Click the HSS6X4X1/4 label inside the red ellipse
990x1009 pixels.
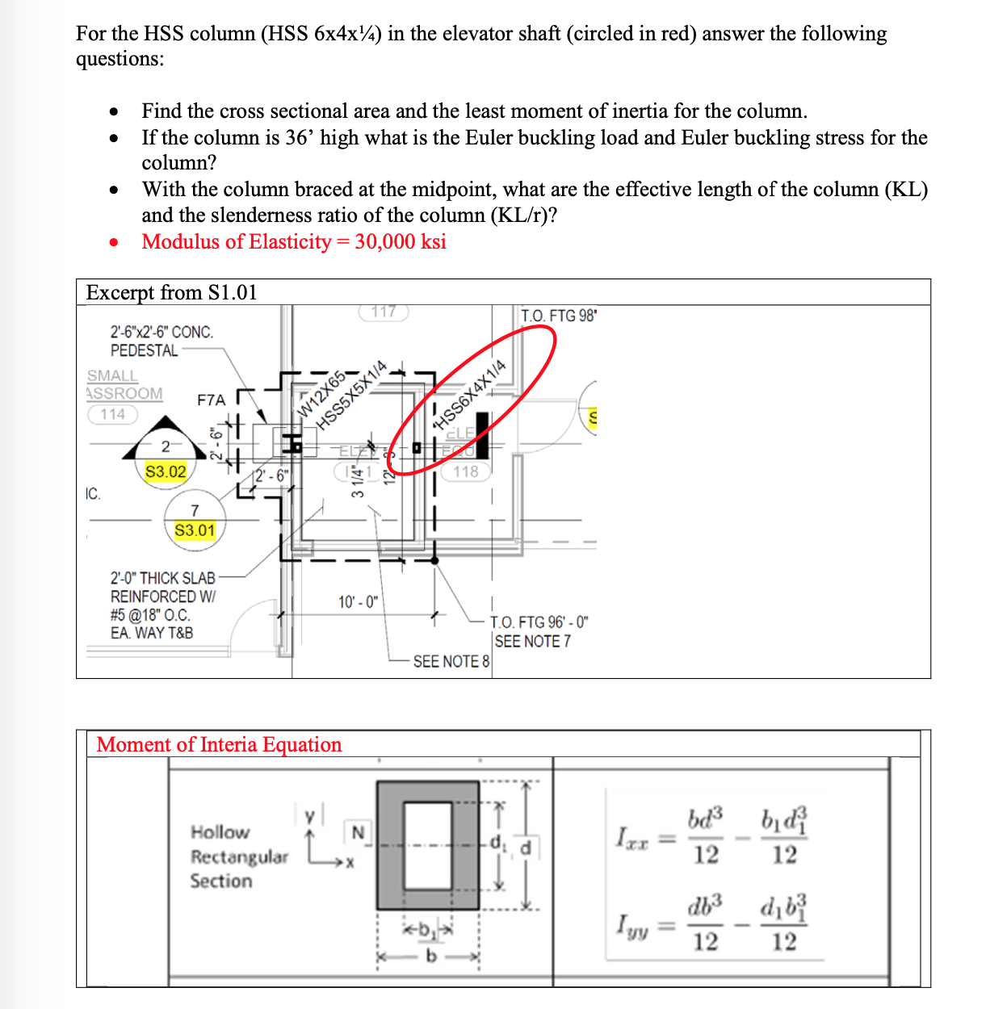coord(471,394)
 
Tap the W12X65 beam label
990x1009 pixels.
coord(321,393)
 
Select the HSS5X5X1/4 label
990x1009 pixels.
coord(352,395)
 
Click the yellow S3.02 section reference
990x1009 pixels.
coord(166,471)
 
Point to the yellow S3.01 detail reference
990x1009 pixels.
coord(195,530)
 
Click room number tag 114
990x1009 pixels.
coord(113,414)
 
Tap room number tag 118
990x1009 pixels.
coord(466,471)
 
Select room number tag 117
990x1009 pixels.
coord(384,312)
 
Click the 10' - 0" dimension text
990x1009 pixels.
coord(359,602)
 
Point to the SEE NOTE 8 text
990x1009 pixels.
coord(451,661)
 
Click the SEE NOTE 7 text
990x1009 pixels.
coord(532,641)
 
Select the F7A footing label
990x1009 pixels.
coord(212,400)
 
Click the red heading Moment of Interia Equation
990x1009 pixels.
coord(219,744)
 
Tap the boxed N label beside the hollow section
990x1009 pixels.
coord(359,832)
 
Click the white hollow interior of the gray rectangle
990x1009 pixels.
coord(428,845)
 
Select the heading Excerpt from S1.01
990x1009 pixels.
coord(171,292)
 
